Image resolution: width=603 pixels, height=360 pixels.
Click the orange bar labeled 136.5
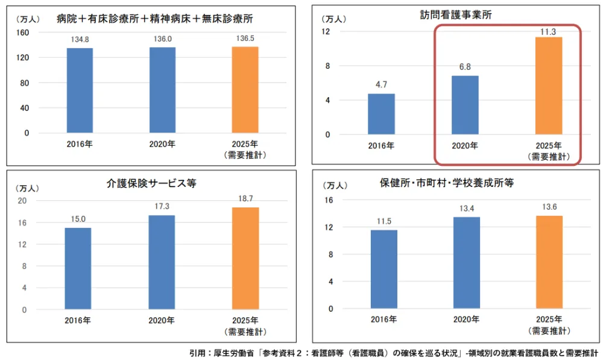(245, 89)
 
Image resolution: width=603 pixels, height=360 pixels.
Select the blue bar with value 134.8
(80, 90)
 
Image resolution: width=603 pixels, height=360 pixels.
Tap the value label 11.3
(548, 30)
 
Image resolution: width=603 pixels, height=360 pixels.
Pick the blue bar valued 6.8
(465, 105)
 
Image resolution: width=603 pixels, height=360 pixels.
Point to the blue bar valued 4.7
(381, 114)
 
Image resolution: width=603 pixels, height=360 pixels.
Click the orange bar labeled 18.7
(245, 259)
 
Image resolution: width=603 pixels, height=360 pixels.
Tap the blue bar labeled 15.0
(78, 268)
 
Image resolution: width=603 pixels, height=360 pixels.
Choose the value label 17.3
(162, 206)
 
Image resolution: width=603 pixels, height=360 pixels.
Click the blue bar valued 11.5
(384, 270)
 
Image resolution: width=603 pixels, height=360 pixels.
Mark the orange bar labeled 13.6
(549, 262)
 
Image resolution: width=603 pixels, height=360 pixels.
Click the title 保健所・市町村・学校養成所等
(446, 183)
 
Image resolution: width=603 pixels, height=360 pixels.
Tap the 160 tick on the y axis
(26, 33)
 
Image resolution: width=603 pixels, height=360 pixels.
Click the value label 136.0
(163, 38)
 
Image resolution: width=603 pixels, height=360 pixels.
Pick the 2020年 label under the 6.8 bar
(465, 145)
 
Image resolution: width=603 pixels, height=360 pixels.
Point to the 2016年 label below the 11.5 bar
(384, 320)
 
